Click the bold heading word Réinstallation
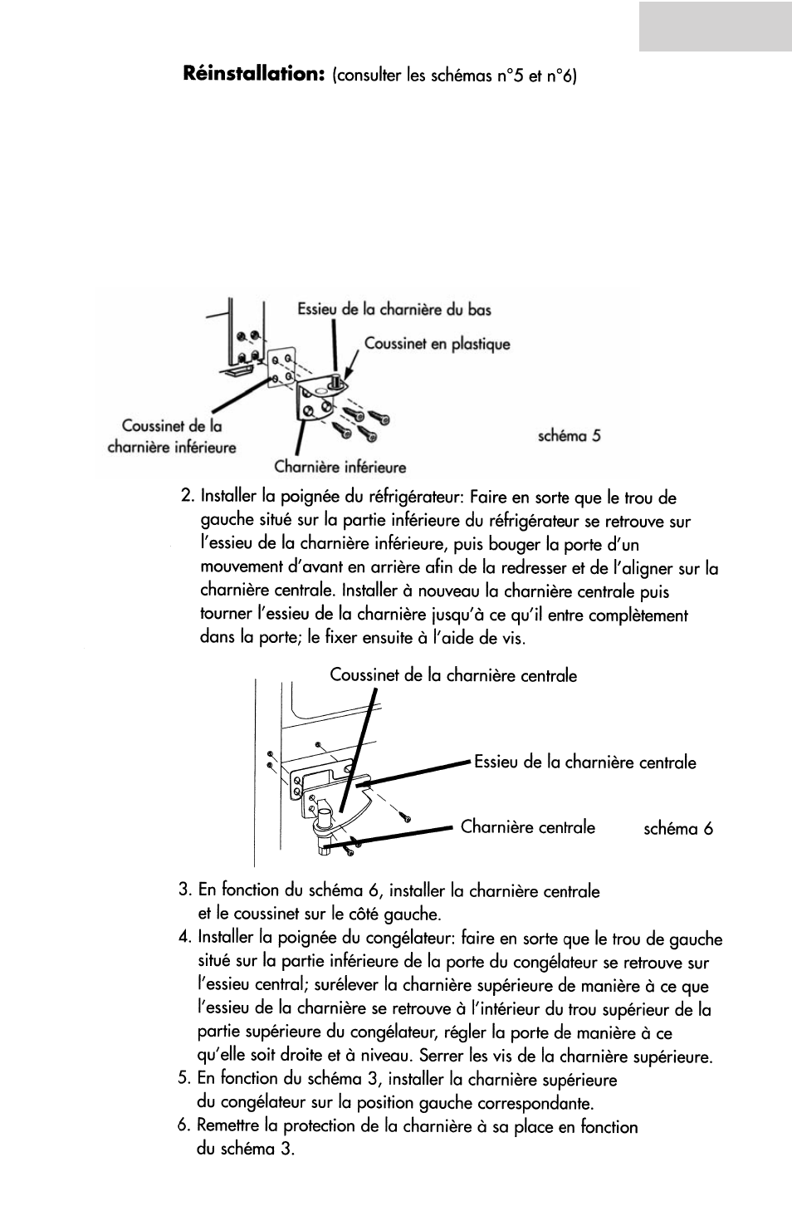(252, 75)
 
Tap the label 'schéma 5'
(569, 436)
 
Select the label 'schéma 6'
(678, 829)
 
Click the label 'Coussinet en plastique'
(438, 344)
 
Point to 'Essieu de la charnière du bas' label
(394, 310)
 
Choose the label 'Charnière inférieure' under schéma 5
(340, 468)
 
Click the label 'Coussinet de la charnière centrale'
(453, 675)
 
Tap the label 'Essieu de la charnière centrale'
(584, 762)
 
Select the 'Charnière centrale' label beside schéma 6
(528, 827)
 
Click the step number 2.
(187, 498)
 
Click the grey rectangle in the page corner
(716, 26)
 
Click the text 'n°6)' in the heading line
(562, 77)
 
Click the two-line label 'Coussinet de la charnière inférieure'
(172, 437)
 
